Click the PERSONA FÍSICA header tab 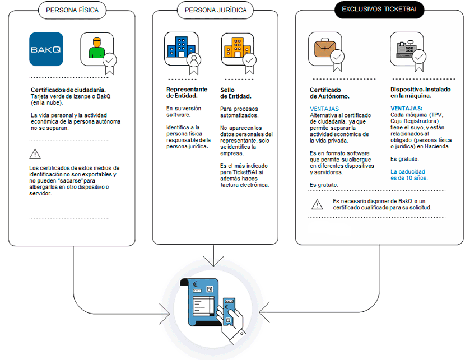[x=73, y=10]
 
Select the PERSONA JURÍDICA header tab [x=215, y=10]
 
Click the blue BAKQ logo [x=46, y=49]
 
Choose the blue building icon [x=180, y=49]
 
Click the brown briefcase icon [x=324, y=49]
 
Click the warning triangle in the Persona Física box [x=35, y=153]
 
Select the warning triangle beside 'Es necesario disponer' [x=317, y=204]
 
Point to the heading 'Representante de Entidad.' [x=187, y=93]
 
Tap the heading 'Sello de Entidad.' [x=235, y=93]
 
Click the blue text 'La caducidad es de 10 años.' [x=408, y=175]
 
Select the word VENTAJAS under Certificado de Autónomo [x=324, y=109]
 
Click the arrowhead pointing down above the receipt [x=212, y=263]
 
